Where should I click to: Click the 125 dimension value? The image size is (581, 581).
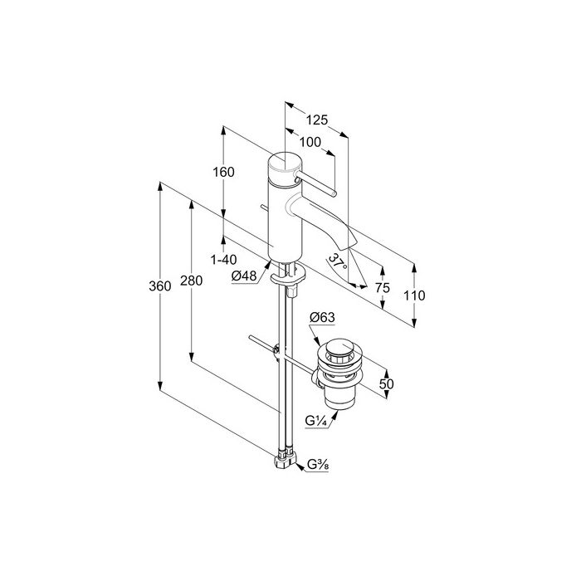click(316, 120)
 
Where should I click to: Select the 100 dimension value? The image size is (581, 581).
click(310, 142)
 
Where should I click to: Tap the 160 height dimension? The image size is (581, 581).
click(224, 172)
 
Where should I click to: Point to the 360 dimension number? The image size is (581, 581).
click(159, 286)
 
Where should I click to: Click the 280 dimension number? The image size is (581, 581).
click(191, 281)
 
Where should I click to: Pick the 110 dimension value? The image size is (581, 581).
click(413, 295)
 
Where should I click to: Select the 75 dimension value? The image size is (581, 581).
click(383, 288)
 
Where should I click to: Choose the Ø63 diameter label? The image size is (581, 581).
click(321, 317)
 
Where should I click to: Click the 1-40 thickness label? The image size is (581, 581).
click(223, 260)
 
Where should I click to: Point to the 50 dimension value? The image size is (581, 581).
click(386, 383)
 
